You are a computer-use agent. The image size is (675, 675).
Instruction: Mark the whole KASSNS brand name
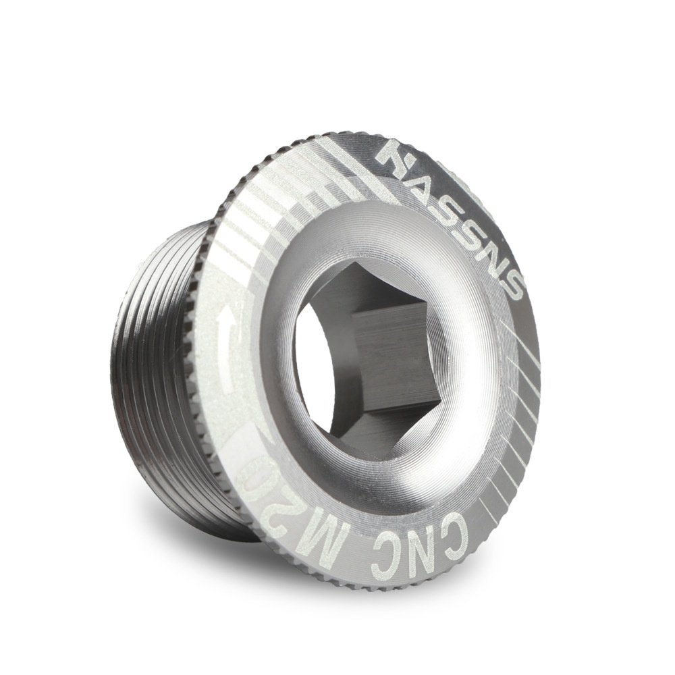pos(450,219)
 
